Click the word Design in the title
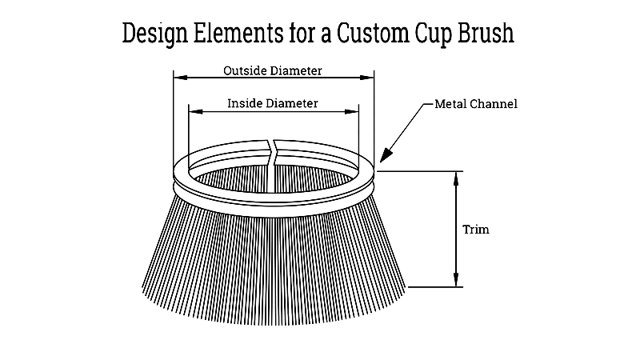click(x=154, y=34)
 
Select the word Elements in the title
click(x=238, y=33)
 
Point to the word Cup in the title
click(x=434, y=34)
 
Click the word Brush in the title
click(x=486, y=33)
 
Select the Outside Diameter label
click(x=273, y=70)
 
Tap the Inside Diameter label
click(x=273, y=103)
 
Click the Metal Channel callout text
click(x=476, y=104)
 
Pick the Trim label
click(x=476, y=230)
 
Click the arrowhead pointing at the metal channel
click(x=386, y=155)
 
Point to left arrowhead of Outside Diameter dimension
click(x=181, y=77)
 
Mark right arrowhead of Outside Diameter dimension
click(x=367, y=77)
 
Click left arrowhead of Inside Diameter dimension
click(x=196, y=111)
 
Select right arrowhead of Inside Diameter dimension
click(x=351, y=111)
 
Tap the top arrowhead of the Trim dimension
click(x=456, y=178)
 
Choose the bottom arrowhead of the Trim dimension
click(x=456, y=279)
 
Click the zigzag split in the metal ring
click(x=272, y=153)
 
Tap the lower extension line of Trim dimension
click(x=435, y=287)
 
